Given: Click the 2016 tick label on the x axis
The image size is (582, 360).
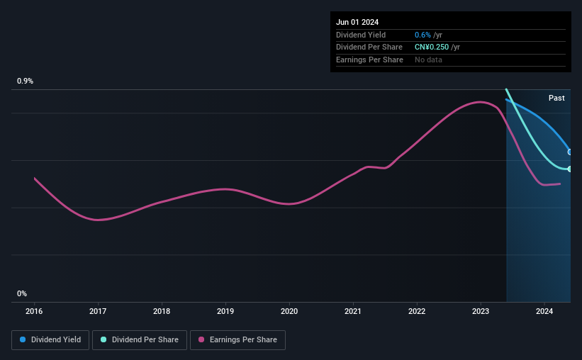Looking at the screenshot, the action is pyautogui.click(x=34, y=311).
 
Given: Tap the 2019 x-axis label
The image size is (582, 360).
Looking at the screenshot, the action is pyautogui.click(x=225, y=311).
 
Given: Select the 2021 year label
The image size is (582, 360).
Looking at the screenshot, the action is pyautogui.click(x=352, y=311).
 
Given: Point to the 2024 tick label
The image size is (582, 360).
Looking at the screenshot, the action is pyautogui.click(x=544, y=311).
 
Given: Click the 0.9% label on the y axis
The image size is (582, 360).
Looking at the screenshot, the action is pyautogui.click(x=25, y=81).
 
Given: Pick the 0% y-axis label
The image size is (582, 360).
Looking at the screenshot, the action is pyautogui.click(x=22, y=293).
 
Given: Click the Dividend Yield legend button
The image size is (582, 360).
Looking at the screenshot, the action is pyautogui.click(x=50, y=340).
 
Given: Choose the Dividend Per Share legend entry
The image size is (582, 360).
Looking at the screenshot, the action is pyautogui.click(x=140, y=340).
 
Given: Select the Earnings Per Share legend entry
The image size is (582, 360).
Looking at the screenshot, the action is pyautogui.click(x=237, y=340).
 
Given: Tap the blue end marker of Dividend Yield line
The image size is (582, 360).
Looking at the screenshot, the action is pyautogui.click(x=570, y=152).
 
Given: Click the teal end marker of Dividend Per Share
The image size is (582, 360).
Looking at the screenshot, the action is pyautogui.click(x=570, y=169).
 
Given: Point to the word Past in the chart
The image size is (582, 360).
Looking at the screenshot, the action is pyautogui.click(x=556, y=98).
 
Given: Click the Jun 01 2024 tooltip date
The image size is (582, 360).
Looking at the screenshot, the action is pyautogui.click(x=357, y=22).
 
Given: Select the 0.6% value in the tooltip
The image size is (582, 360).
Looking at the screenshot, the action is pyautogui.click(x=422, y=35).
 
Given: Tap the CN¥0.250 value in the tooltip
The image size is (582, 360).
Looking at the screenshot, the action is pyautogui.click(x=432, y=47).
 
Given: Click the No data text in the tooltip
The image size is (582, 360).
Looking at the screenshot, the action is pyautogui.click(x=428, y=60).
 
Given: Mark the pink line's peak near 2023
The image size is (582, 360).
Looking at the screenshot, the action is pyautogui.click(x=481, y=101).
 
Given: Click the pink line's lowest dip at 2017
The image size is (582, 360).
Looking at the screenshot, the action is pyautogui.click(x=98, y=220).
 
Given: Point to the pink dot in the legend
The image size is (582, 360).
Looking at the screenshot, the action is pyautogui.click(x=201, y=339).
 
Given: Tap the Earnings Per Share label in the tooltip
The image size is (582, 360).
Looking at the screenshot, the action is pyautogui.click(x=369, y=60).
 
